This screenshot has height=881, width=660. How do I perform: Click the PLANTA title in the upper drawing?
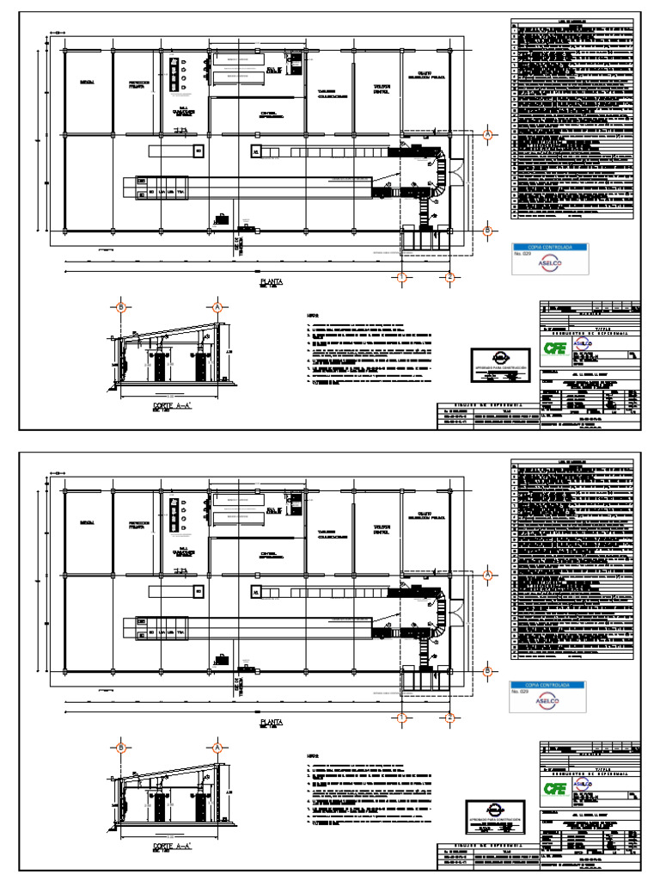[x=272, y=281]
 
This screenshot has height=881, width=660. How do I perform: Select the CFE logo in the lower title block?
[x=553, y=786]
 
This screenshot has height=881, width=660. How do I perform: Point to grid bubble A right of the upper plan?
[x=487, y=135]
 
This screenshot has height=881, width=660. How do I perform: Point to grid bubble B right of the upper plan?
[x=487, y=231]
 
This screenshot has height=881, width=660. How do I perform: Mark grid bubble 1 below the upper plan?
[x=400, y=277]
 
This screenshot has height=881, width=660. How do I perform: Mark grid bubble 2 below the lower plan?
[x=449, y=717]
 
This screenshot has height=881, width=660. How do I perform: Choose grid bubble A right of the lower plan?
[x=487, y=574]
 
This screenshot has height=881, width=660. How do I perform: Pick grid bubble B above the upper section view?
[x=121, y=307]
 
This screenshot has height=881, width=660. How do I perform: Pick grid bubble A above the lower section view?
[x=217, y=747]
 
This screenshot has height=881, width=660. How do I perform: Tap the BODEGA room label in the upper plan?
[x=87, y=82]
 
